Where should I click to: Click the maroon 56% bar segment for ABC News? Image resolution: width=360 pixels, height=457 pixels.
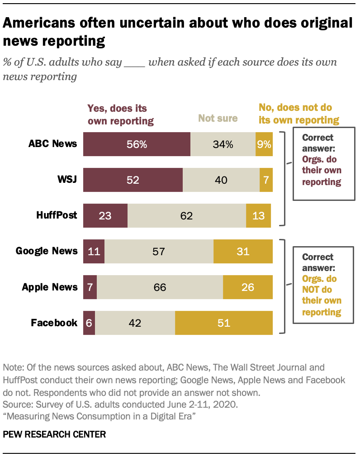coord(137,144)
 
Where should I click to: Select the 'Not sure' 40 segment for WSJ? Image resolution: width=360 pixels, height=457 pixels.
coord(221,180)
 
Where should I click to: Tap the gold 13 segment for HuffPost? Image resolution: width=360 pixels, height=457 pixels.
coord(258,215)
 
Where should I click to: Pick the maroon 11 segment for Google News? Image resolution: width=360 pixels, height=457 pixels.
coord(94,251)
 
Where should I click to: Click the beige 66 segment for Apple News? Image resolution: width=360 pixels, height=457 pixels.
coord(160,287)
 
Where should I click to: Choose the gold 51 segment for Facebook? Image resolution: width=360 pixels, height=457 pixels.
coord(224,323)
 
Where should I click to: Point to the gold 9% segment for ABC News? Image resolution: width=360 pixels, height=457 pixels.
coord(264,144)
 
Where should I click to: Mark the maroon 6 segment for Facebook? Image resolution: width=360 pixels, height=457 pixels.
coord(89,323)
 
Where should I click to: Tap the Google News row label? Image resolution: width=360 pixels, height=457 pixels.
coord(47,251)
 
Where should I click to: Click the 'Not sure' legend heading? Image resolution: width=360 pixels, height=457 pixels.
coord(218,119)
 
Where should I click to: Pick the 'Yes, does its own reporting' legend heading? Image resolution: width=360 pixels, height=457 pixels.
coord(120,114)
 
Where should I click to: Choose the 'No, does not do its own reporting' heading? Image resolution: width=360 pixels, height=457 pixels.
coord(298,114)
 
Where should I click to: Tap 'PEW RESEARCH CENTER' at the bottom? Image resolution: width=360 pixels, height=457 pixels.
coord(54,435)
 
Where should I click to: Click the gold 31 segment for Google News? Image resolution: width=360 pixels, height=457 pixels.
coord(243,251)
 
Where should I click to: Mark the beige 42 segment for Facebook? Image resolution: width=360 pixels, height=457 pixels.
coord(135,323)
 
